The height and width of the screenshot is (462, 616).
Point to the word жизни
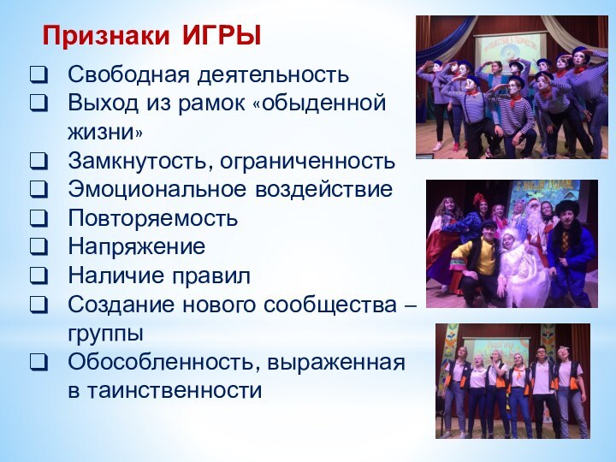point(106,133)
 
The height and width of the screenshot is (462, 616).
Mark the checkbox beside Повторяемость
point(38,219)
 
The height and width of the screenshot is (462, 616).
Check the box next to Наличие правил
point(38,277)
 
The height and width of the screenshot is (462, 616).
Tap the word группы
point(106,334)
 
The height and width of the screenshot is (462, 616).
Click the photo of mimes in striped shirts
point(511,86)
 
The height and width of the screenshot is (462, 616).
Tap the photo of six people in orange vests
point(512,381)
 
